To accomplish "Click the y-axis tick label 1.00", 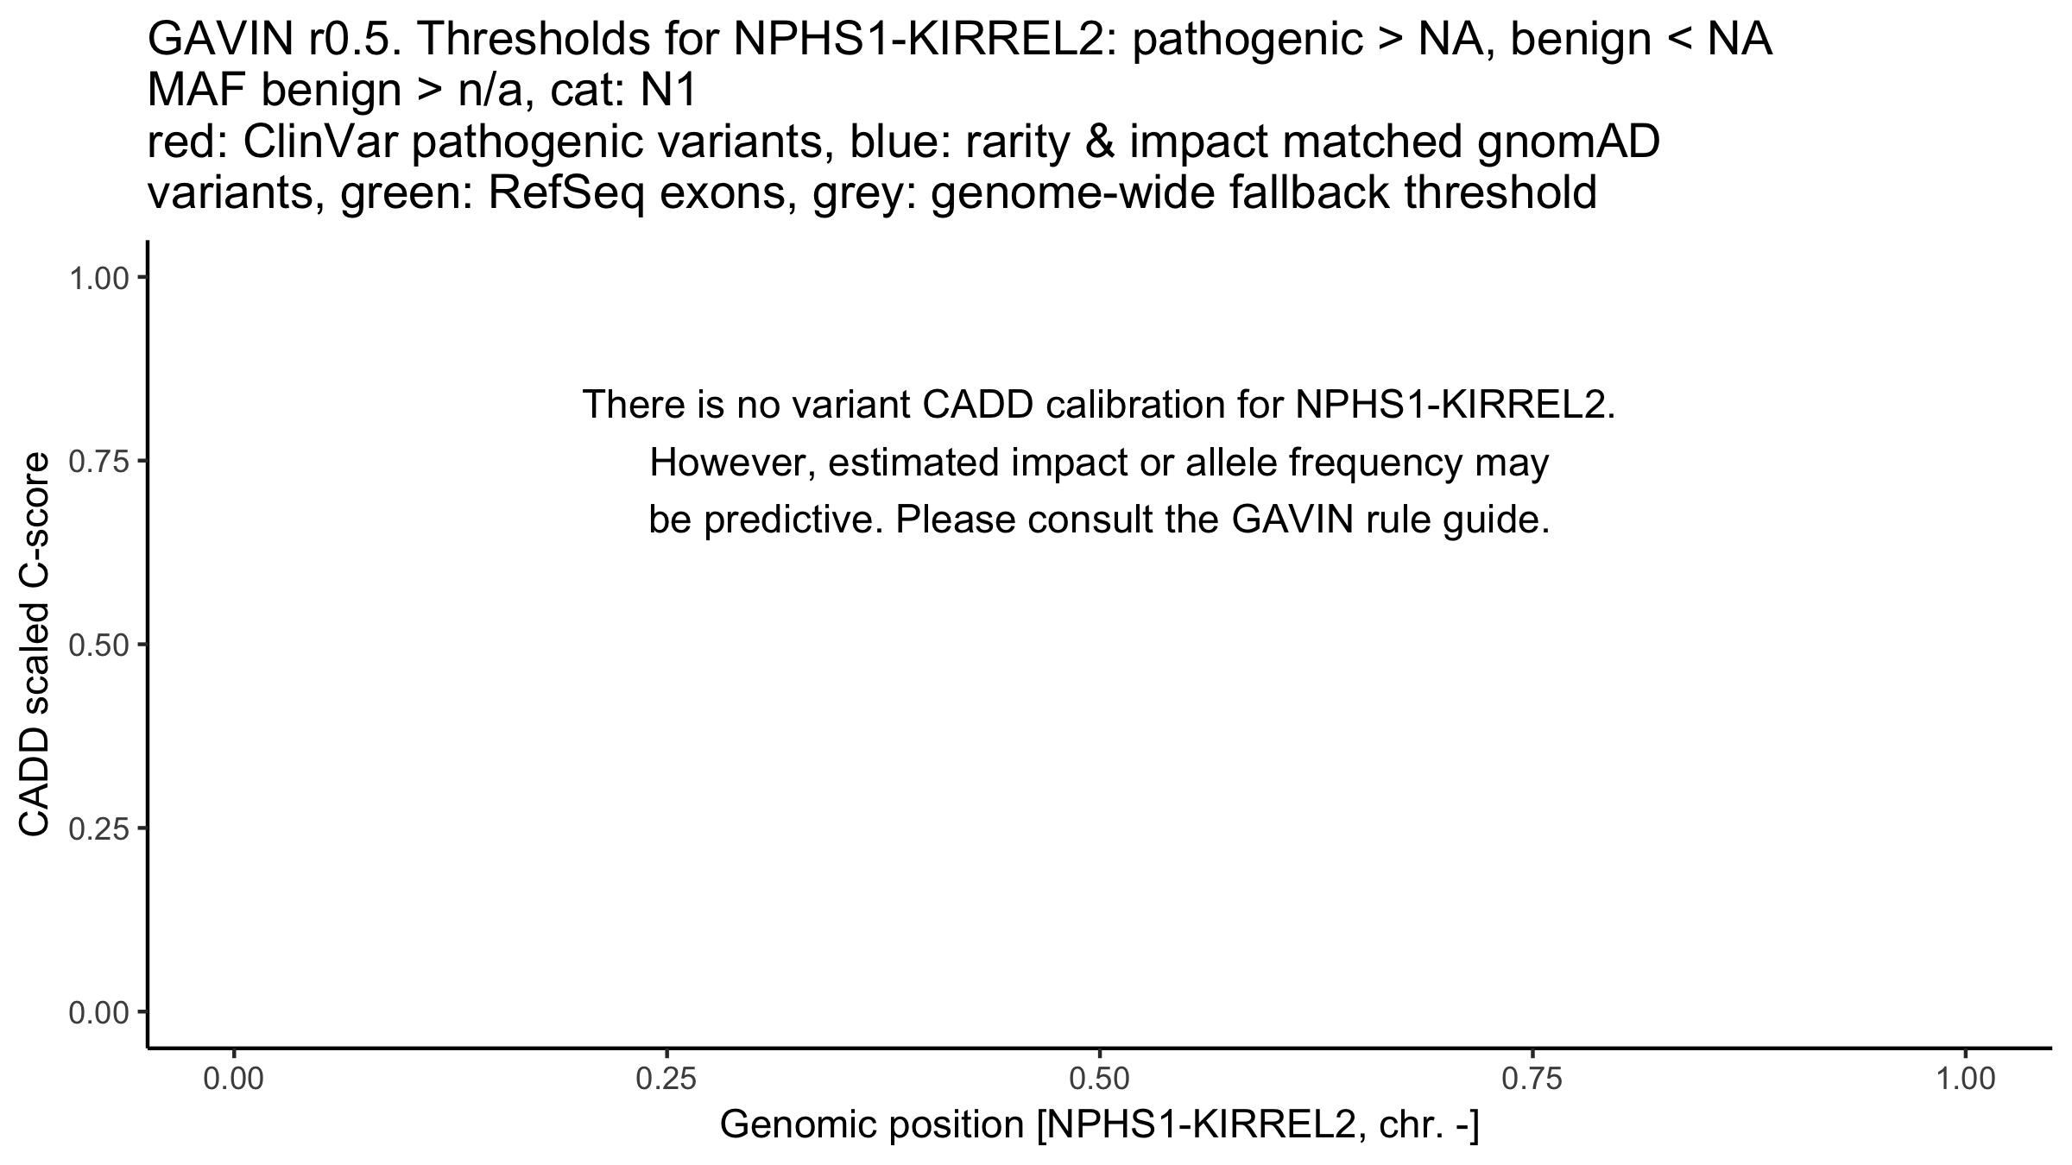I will [x=98, y=278].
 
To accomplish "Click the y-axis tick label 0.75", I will [x=98, y=462].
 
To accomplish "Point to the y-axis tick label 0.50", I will [x=98, y=645].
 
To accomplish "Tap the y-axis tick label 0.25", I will [x=98, y=829].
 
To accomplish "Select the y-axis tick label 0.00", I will [x=98, y=1012].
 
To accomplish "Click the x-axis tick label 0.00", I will [x=234, y=1080].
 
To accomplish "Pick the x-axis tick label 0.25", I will [x=666, y=1080].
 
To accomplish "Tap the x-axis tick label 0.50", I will [x=1099, y=1080].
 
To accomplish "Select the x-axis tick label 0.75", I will [x=1532, y=1080].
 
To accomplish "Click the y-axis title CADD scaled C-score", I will [x=35, y=645].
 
